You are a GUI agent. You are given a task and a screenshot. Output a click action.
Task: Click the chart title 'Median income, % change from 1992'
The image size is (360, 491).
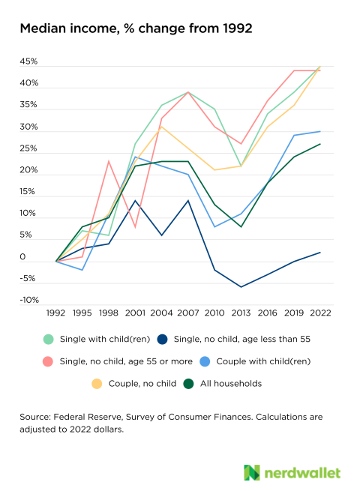tap(136, 28)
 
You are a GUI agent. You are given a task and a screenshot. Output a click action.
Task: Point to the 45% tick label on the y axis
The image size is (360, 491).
tap(28, 61)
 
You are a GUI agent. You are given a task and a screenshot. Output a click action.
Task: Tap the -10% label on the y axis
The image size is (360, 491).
tap(29, 300)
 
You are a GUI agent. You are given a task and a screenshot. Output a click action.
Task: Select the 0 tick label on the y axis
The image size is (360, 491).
tap(22, 257)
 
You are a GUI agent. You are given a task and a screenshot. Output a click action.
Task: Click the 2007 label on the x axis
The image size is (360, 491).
tap(188, 313)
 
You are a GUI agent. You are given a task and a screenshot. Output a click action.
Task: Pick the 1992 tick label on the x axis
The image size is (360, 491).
tap(55, 313)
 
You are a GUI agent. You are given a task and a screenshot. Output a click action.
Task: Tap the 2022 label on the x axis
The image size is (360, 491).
tap(320, 313)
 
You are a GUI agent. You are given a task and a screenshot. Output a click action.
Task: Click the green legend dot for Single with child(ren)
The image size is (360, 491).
tap(48, 339)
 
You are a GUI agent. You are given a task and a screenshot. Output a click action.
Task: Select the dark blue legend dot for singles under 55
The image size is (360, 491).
tap(162, 339)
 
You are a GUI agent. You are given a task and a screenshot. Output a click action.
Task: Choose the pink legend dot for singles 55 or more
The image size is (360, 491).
tap(48, 361)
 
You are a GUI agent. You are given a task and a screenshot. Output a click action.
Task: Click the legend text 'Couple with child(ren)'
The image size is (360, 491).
tap(263, 361)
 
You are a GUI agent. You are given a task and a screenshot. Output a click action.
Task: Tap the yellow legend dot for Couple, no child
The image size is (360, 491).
tap(97, 384)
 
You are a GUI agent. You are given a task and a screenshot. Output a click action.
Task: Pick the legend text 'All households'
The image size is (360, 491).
tap(231, 384)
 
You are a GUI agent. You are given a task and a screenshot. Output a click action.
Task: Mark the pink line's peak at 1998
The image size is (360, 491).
tap(109, 161)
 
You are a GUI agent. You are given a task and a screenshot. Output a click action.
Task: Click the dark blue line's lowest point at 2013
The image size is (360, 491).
tap(241, 286)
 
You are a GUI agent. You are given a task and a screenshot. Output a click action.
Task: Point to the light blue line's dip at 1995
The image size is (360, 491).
tap(82, 270)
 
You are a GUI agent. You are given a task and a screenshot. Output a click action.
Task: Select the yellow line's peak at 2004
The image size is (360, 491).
tap(162, 127)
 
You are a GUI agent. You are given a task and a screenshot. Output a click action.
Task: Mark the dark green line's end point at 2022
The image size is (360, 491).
tap(320, 144)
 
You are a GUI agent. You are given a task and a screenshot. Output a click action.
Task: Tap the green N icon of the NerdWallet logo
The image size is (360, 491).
tap(252, 472)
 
